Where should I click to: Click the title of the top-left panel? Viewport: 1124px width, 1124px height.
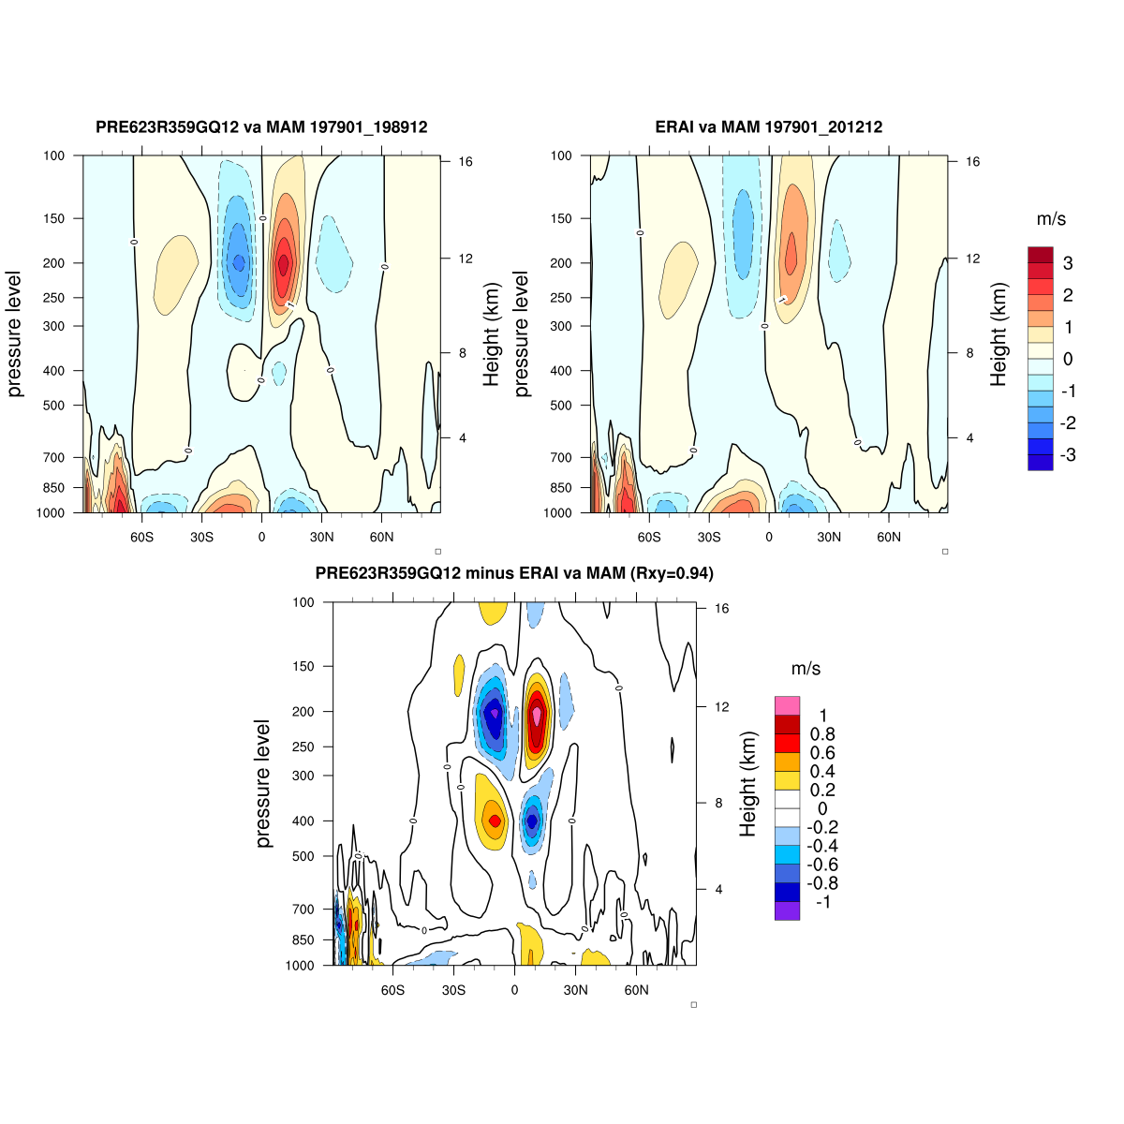tap(261, 126)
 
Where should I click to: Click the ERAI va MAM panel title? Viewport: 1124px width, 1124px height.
tap(769, 126)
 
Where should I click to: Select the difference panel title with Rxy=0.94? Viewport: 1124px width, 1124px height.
tap(514, 573)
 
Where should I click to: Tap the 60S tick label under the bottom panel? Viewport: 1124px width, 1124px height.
tap(392, 990)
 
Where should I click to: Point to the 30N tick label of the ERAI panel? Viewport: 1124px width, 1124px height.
tap(829, 538)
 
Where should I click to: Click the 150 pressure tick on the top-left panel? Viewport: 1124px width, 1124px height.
tap(54, 218)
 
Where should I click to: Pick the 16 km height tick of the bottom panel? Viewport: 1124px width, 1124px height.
tap(721, 609)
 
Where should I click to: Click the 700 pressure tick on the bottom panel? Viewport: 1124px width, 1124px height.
tap(303, 909)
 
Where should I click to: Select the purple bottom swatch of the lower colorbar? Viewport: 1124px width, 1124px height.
tap(787, 910)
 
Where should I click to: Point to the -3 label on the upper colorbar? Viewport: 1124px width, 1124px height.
tap(1067, 455)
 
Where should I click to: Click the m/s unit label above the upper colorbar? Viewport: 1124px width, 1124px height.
tap(1051, 219)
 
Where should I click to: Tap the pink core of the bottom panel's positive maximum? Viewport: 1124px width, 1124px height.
tap(537, 715)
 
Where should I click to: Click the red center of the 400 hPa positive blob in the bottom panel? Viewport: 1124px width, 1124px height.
tap(495, 821)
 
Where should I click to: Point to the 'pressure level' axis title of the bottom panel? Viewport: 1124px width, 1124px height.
tap(263, 784)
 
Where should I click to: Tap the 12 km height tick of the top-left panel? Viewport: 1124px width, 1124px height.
tap(464, 259)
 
